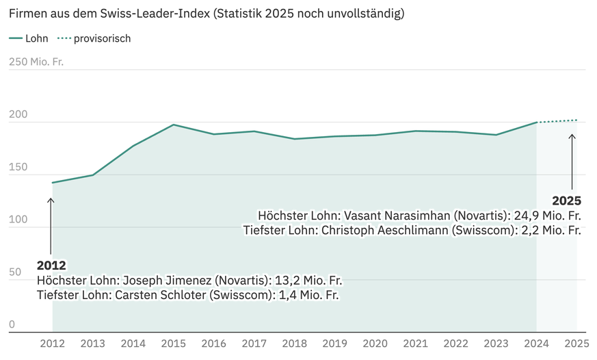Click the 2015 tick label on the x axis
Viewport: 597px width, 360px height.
click(174, 344)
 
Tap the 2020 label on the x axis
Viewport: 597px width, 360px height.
click(375, 344)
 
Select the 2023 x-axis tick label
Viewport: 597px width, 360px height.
click(496, 344)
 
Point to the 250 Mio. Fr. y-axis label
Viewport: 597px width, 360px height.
click(36, 62)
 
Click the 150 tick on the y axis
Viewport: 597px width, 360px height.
click(18, 168)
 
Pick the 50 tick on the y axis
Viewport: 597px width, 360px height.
click(15, 272)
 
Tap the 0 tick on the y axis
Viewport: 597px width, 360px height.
click(12, 325)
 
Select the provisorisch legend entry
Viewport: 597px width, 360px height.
click(102, 39)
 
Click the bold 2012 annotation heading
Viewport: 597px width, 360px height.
click(51, 266)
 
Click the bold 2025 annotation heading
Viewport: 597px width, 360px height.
click(566, 201)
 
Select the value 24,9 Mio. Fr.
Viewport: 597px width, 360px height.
click(546, 216)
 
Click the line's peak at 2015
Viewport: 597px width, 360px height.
click(174, 125)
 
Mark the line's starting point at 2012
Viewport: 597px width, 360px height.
click(53, 183)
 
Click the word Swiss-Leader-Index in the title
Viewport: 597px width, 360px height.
click(150, 14)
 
